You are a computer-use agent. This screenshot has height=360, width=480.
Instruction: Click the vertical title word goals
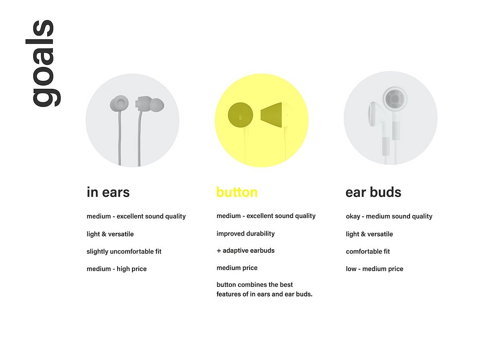pos(43,63)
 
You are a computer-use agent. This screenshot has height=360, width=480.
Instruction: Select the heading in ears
pos(108,192)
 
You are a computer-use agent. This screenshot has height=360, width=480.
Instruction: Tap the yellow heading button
pos(237,192)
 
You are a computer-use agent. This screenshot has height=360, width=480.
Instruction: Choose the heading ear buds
pos(373,192)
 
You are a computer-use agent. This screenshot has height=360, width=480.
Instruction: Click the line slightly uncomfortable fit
pos(124,252)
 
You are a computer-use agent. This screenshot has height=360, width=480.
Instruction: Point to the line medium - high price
pos(116,269)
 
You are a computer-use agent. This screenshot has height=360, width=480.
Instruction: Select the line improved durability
pos(246,234)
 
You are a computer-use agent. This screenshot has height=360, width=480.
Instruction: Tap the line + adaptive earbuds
pos(246,250)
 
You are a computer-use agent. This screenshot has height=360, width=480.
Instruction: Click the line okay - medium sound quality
pos(389,216)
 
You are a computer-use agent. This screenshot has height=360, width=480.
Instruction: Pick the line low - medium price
pos(374,269)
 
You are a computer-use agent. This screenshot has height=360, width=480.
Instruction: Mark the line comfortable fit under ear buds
pos(368,252)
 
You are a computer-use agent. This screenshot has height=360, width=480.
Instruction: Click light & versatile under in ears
pos(110,234)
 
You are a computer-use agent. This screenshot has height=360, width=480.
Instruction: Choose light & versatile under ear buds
pos(369,234)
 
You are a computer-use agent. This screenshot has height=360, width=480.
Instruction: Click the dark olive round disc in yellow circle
pos(240,115)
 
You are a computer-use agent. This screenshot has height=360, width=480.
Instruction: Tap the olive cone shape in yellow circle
pos(271,115)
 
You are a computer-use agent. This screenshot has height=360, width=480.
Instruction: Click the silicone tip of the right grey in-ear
pos(157,105)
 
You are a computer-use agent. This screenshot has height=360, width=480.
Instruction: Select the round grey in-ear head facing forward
pos(119,103)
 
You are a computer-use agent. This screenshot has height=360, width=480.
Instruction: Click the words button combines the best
pos(254,285)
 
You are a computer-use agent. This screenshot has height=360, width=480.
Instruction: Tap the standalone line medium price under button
pos(237,268)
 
